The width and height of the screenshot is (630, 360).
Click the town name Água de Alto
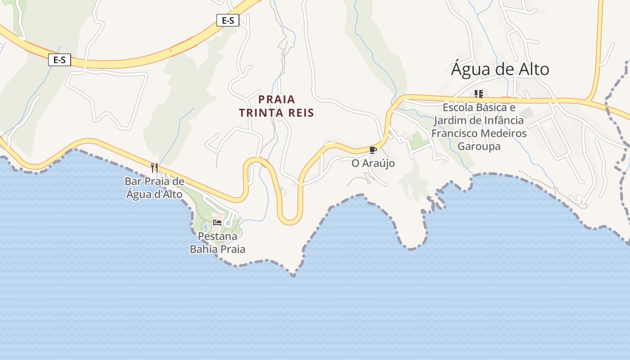click(x=500, y=69)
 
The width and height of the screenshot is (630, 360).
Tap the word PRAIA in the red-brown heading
click(x=277, y=99)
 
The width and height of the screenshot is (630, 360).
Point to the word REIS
click(x=300, y=112)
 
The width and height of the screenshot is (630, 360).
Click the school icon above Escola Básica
click(x=479, y=94)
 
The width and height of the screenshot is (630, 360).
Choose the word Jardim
click(x=449, y=121)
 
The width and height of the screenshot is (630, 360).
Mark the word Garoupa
click(x=479, y=147)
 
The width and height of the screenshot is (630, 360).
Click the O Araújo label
click(x=373, y=163)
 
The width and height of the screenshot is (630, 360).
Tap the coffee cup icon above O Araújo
click(x=373, y=150)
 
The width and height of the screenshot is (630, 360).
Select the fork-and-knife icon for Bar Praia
click(x=154, y=168)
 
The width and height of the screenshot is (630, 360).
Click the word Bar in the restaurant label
click(x=133, y=181)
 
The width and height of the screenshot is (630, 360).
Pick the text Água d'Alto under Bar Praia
click(x=154, y=194)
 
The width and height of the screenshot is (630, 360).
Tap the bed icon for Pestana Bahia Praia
click(x=217, y=222)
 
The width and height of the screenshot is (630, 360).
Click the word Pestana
click(x=217, y=236)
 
